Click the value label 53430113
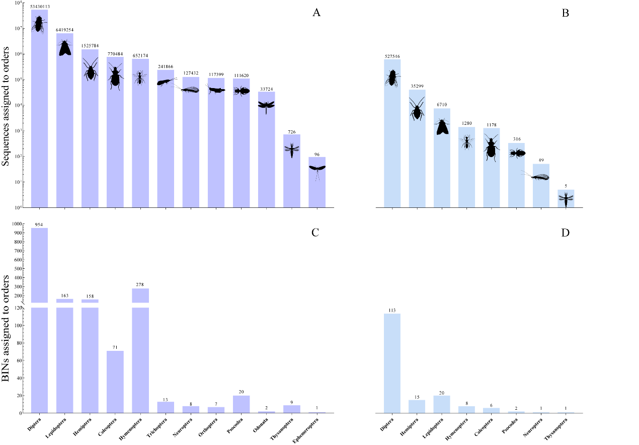[39, 7]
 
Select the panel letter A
[316, 13]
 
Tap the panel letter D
[565, 233]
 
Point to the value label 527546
[392, 56]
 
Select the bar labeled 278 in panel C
[140, 352]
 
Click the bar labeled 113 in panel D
[392, 363]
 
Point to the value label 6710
[442, 105]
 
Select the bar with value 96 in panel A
[317, 182]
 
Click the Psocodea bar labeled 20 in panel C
[241, 404]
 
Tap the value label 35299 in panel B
[417, 87]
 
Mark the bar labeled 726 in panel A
[291, 171]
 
